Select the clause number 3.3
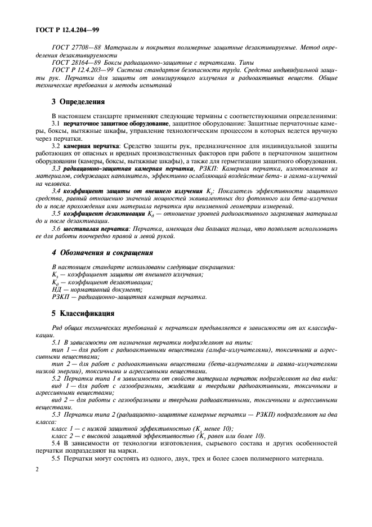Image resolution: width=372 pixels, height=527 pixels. coord(56,168)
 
